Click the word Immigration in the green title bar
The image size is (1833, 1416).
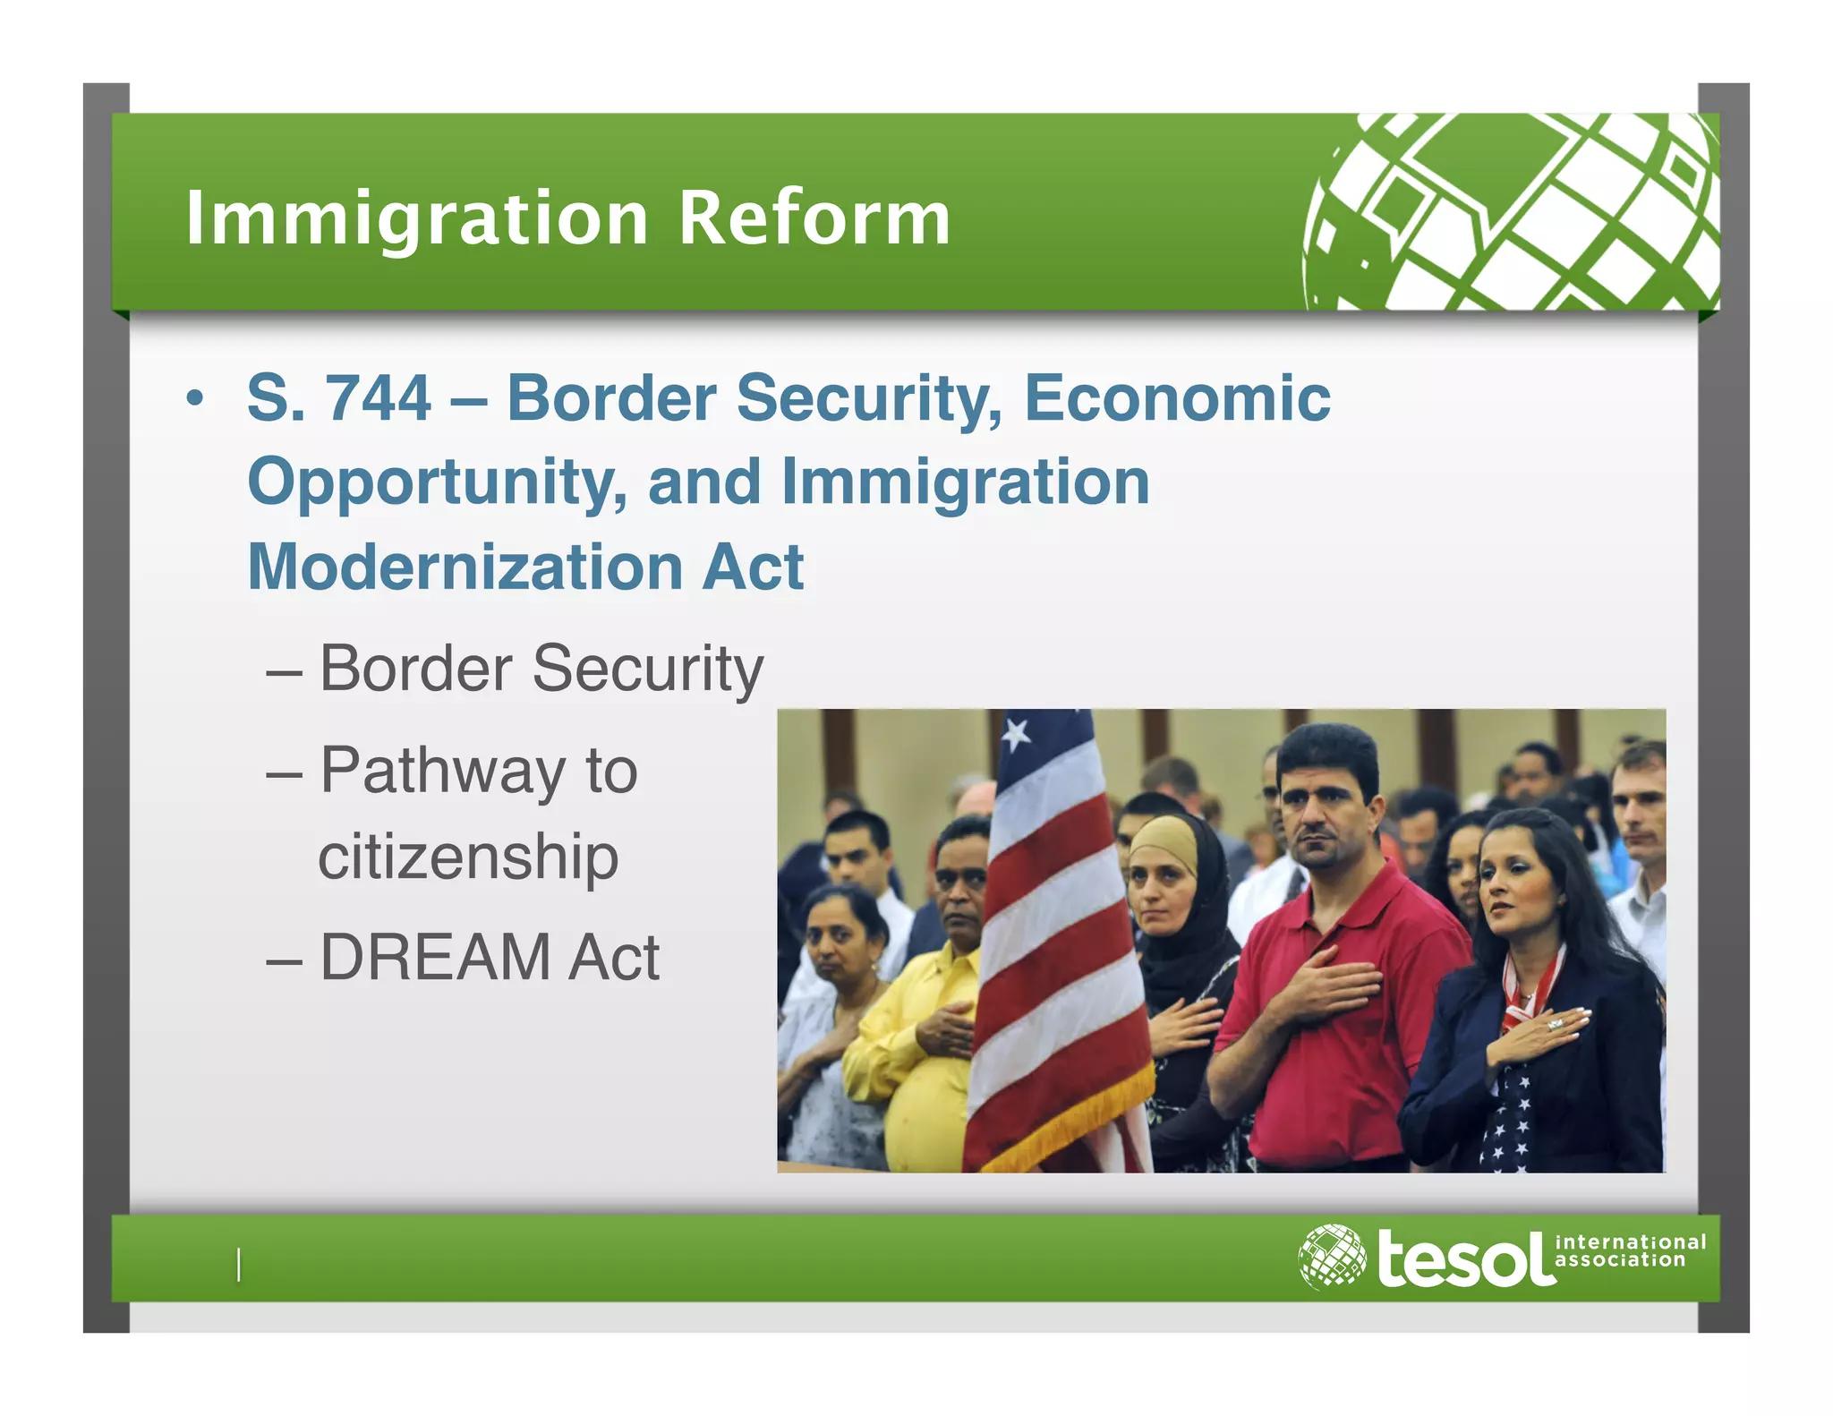416,219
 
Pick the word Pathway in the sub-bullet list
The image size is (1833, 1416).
442,771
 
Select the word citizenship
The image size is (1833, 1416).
468,857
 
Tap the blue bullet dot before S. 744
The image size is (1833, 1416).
195,398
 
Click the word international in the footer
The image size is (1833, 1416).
1630,1242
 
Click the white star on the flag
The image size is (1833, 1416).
1016,735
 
